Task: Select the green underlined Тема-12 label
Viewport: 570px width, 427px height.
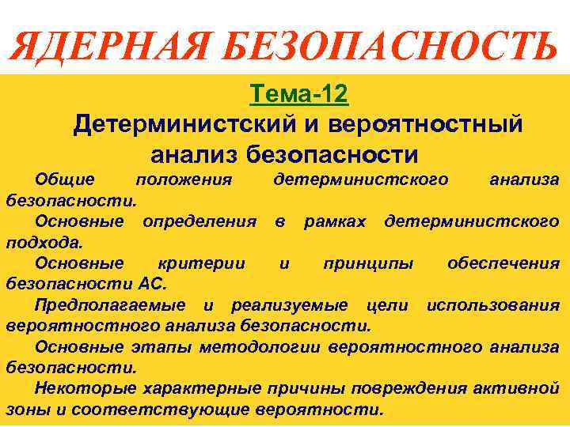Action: [298, 95]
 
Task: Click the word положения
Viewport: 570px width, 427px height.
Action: [184, 179]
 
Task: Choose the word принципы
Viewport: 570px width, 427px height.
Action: [368, 263]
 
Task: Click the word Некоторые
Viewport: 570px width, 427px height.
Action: [85, 388]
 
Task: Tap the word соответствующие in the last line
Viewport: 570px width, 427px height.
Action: [184, 410]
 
